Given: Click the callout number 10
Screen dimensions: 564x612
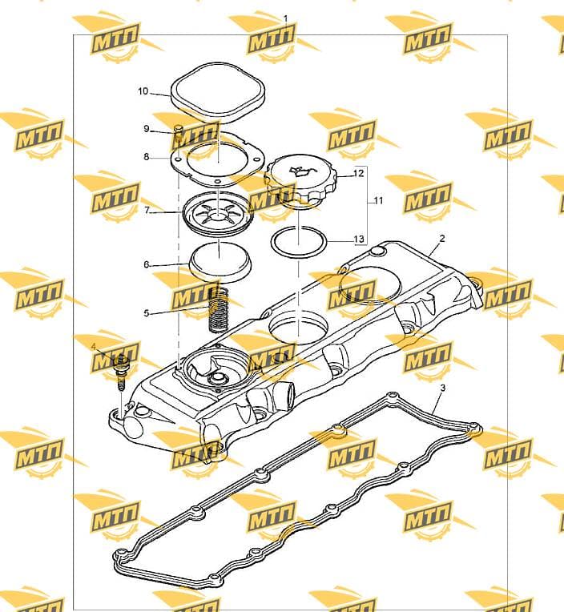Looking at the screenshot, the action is pos(143,91).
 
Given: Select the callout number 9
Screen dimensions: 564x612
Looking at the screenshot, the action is pos(147,128).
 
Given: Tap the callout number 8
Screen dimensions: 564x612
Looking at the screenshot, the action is pos(147,157).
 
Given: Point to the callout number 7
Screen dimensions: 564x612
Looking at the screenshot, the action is pos(147,210).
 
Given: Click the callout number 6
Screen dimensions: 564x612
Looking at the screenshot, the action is pos(147,264).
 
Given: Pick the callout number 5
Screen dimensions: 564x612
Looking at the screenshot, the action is pos(147,312).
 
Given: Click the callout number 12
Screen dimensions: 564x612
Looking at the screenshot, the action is pos(359,172).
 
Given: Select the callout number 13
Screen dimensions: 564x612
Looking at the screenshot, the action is pos(359,239).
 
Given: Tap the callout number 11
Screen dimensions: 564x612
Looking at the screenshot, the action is pos(379,200).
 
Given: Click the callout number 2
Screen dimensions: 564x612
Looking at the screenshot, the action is pos(442,238).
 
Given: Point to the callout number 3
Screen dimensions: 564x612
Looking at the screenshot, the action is pos(442,388).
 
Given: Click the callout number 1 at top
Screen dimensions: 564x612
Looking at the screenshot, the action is pos(285,18).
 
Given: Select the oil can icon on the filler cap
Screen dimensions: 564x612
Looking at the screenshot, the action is pos(300,170).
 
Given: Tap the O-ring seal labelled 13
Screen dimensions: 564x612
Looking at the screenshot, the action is pos(299,241).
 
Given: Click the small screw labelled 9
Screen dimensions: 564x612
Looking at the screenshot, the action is pos(179,134).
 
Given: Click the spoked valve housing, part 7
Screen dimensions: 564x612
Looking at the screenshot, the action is pos(219,214).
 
